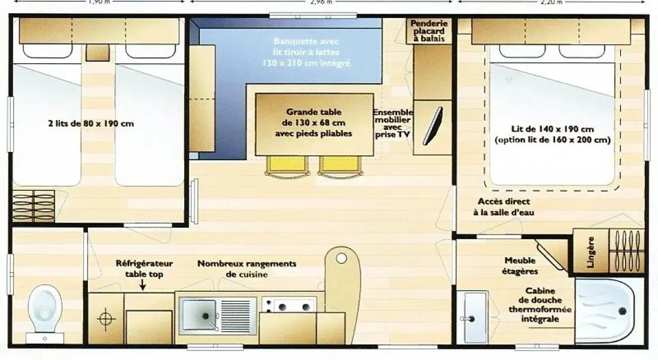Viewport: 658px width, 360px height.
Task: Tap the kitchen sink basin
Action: (200, 316)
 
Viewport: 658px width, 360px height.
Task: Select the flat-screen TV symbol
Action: (432, 126)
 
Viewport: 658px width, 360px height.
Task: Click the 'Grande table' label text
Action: (313, 112)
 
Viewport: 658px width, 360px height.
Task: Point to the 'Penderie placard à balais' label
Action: (428, 31)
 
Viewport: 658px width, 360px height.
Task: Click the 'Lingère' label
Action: (590, 252)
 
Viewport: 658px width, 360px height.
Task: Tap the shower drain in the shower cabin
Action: (622, 311)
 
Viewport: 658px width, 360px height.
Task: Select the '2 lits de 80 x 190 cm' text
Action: (91, 123)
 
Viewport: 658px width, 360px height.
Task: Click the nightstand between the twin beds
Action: (98, 53)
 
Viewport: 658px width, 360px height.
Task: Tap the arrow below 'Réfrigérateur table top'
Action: (143, 285)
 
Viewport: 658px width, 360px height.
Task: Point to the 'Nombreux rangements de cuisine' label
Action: (246, 269)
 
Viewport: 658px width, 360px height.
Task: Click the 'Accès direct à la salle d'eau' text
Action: (504, 207)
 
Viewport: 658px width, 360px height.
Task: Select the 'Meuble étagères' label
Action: (520, 266)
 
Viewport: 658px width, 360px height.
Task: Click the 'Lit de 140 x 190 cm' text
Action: (552, 129)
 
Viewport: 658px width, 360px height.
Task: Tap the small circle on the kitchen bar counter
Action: (342, 258)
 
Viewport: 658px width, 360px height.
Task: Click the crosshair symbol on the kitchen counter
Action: (106, 319)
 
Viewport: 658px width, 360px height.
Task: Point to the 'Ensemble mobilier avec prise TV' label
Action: (393, 123)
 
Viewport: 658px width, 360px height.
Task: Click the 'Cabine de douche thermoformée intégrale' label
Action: (540, 304)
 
